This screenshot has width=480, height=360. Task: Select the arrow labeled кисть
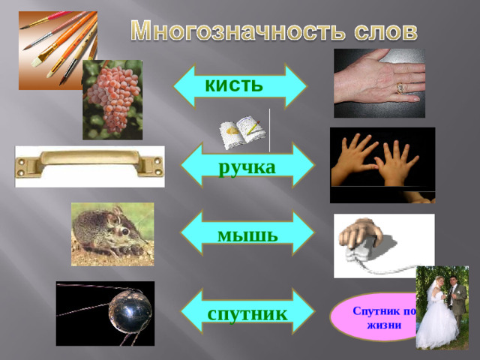point(239,85)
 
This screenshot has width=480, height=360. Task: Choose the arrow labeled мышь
point(248,234)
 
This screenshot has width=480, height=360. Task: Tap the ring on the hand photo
point(400,88)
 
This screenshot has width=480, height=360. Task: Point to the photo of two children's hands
point(382,161)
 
